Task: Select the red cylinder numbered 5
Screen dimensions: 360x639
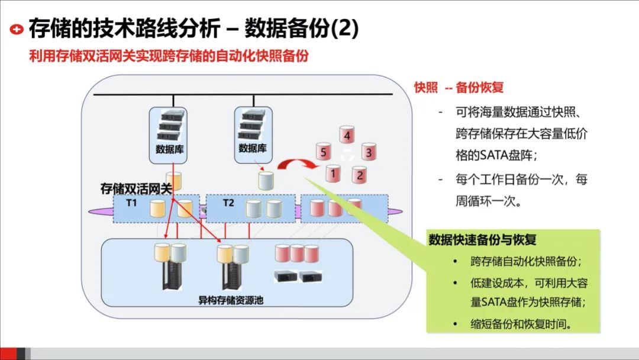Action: click(322, 152)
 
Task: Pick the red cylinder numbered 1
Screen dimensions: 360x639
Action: click(333, 173)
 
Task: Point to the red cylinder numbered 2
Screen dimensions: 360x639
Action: click(359, 174)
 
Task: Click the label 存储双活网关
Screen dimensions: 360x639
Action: click(135, 189)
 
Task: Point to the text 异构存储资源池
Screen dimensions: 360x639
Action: click(231, 300)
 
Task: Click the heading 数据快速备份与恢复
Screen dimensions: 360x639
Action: click(482, 240)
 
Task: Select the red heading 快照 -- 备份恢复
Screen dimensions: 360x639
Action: click(459, 88)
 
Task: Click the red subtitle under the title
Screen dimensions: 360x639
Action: click(170, 56)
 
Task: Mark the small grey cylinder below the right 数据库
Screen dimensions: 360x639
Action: click(266, 179)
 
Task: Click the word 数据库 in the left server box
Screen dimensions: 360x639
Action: click(170, 149)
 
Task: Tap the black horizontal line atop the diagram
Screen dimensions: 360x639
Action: click(243, 95)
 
